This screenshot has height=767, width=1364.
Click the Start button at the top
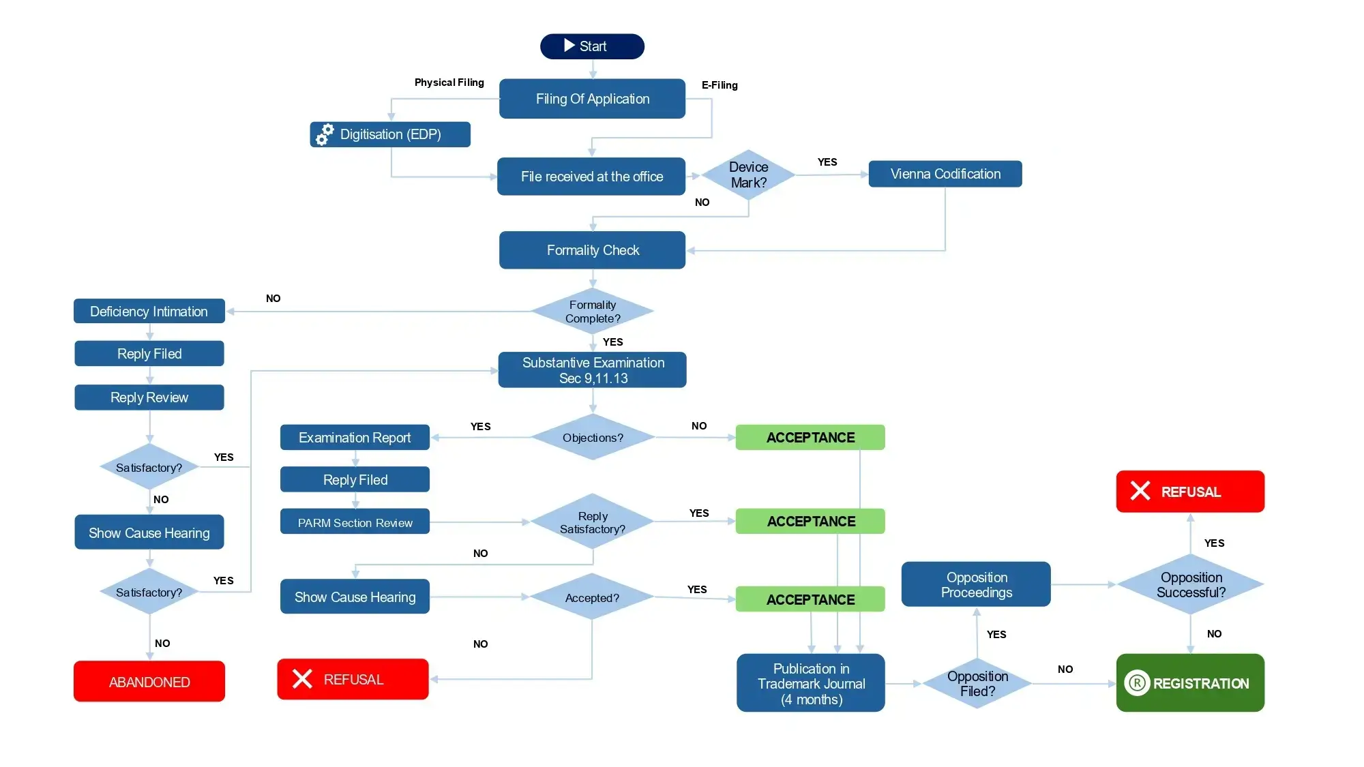click(592, 46)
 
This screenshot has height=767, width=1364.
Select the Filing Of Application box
click(592, 99)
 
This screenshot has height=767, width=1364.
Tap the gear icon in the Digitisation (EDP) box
click(325, 134)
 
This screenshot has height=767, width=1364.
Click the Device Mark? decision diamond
click(748, 175)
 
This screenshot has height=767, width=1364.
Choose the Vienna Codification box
click(945, 174)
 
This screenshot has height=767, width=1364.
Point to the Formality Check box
click(592, 250)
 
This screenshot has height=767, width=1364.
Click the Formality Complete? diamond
click(592, 312)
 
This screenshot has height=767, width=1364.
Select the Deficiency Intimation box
click(149, 312)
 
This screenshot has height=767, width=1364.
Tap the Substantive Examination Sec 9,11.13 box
click(592, 370)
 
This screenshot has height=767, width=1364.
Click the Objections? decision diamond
click(592, 438)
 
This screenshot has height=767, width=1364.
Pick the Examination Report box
click(355, 438)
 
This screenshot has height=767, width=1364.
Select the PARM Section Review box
click(355, 522)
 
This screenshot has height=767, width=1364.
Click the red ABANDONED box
click(149, 682)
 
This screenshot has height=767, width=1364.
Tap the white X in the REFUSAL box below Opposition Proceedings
click(1140, 491)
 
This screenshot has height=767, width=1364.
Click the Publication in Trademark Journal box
click(810, 683)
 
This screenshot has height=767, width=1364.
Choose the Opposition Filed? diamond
click(977, 683)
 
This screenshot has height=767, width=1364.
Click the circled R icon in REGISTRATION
click(1137, 683)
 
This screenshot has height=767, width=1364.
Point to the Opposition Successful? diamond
click(1190, 584)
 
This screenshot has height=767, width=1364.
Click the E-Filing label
click(720, 85)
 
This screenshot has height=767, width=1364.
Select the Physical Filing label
click(449, 82)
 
